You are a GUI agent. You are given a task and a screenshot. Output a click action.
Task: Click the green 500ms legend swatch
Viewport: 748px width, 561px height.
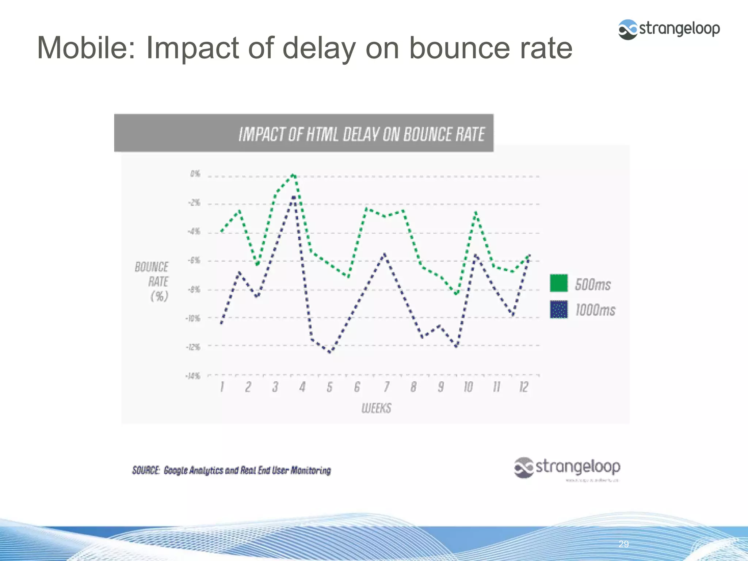[x=559, y=283]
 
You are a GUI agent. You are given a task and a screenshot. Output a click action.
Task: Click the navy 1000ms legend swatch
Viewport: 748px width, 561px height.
[x=559, y=310]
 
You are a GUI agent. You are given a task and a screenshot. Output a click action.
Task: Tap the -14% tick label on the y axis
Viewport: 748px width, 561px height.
[x=193, y=376]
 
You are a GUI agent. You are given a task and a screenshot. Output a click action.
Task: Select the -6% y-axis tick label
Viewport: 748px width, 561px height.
[x=194, y=260]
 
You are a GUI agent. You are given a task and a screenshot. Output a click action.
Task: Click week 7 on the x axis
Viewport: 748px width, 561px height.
[x=386, y=387]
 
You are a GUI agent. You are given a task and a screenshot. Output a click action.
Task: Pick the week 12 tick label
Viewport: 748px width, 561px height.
[x=524, y=387]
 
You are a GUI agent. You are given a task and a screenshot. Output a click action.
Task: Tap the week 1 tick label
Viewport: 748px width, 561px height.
[x=222, y=387]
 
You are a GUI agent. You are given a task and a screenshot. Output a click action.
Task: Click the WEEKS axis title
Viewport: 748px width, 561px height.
[x=376, y=408]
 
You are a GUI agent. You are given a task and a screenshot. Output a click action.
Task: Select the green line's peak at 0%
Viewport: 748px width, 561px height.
[x=293, y=175]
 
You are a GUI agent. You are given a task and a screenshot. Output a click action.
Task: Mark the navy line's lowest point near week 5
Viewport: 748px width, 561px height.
[x=330, y=352]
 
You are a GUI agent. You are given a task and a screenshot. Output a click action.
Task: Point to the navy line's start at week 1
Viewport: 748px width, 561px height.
[x=221, y=323]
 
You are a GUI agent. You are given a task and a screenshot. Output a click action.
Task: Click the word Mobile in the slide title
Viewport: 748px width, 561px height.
[x=86, y=47]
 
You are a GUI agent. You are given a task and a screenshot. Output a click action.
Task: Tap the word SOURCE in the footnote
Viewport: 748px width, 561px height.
[x=145, y=470]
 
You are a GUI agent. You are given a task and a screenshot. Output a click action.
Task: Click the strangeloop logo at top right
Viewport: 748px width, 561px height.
[x=669, y=29]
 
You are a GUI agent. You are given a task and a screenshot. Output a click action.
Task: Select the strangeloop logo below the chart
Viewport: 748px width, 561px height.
[x=567, y=468]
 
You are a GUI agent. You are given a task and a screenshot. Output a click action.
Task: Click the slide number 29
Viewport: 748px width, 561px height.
[x=623, y=544]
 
